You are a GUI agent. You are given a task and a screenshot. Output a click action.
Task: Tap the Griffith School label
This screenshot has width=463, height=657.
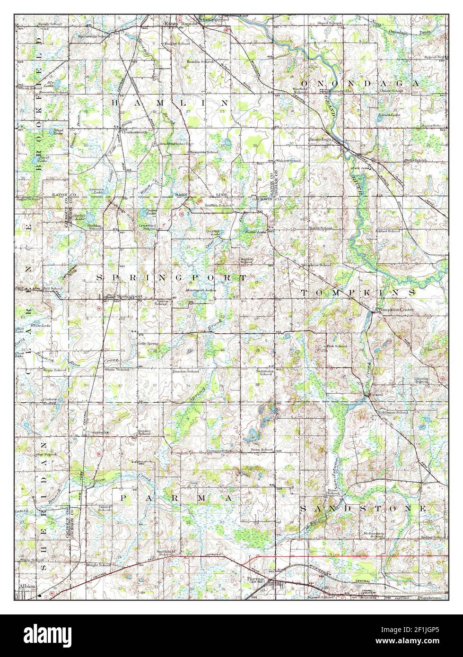coord(218,206)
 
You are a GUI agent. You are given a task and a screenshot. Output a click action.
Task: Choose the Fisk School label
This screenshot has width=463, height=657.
coord(337,346)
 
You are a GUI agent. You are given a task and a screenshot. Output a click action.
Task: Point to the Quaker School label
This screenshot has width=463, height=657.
coord(144,432)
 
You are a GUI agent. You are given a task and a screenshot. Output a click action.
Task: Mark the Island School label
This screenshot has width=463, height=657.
coord(105,509)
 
